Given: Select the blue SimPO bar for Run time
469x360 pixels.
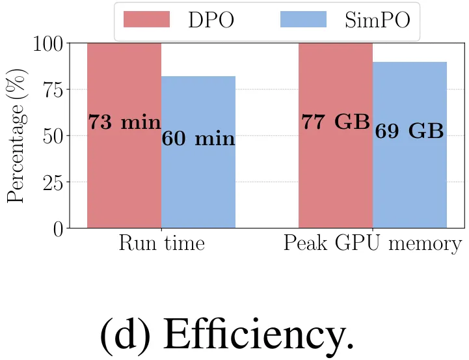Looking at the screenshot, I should (198, 182).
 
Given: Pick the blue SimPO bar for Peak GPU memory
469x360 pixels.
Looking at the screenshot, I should (410, 182).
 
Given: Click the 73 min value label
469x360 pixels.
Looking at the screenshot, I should (124, 122).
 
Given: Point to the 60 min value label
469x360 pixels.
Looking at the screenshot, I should (198, 139).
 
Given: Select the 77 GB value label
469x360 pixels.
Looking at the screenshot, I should (336, 122).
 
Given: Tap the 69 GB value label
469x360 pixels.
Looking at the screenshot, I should (410, 131).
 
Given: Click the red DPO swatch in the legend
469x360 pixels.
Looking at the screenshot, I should (146, 20).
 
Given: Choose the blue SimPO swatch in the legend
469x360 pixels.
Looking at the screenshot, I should (302, 20).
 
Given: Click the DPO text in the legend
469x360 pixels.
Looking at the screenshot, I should (211, 21).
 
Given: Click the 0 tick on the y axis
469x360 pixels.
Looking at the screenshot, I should (58, 228).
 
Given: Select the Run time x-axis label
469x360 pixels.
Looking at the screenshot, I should (161, 244).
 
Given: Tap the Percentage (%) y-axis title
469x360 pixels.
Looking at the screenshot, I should (17, 136).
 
